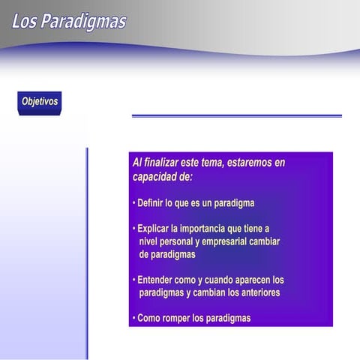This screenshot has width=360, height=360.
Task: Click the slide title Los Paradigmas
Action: click(69, 21)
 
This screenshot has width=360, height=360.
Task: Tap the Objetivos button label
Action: click(40, 101)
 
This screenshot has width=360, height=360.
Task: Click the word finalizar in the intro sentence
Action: click(165, 163)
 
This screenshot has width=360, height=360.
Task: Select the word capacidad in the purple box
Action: click(156, 177)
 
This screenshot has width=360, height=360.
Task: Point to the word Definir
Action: click(153, 203)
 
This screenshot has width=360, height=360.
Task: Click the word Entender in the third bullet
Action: click(158, 280)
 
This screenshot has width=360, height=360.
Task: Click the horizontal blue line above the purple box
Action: click(236, 115)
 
